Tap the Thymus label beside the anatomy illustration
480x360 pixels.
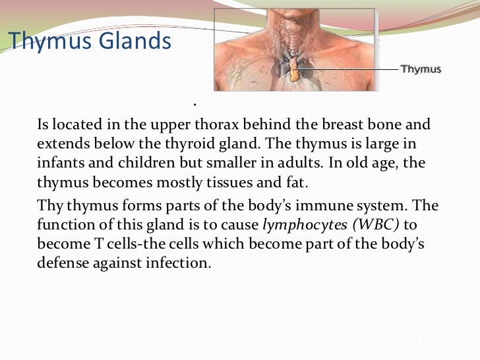421,69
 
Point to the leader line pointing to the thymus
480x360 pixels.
349,68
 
